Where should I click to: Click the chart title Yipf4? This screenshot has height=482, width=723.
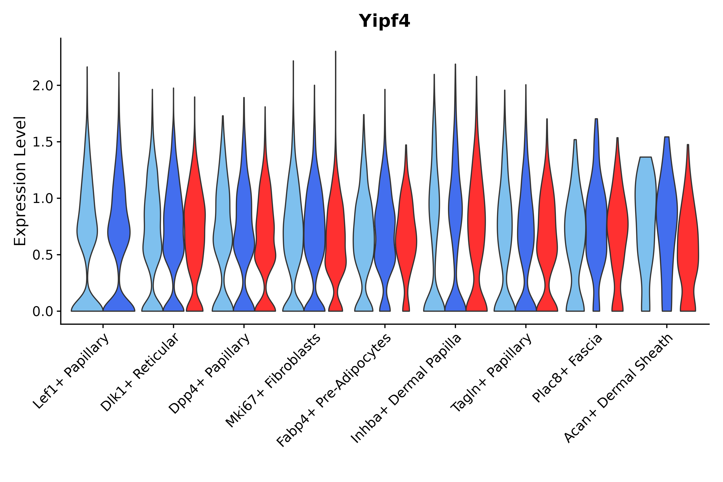[384, 21]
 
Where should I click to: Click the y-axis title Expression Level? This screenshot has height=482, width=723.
[20, 181]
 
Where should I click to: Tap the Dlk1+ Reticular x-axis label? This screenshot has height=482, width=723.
[140, 372]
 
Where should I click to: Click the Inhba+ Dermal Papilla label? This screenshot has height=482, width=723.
[406, 389]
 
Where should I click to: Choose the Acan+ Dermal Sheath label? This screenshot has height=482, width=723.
[619, 389]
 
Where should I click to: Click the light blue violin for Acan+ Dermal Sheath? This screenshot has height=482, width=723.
[646, 215]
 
